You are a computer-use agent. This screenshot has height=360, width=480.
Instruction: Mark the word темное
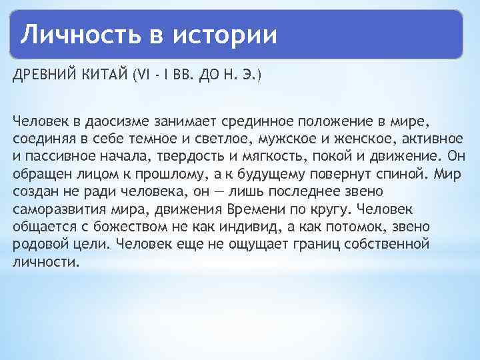(161, 139)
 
